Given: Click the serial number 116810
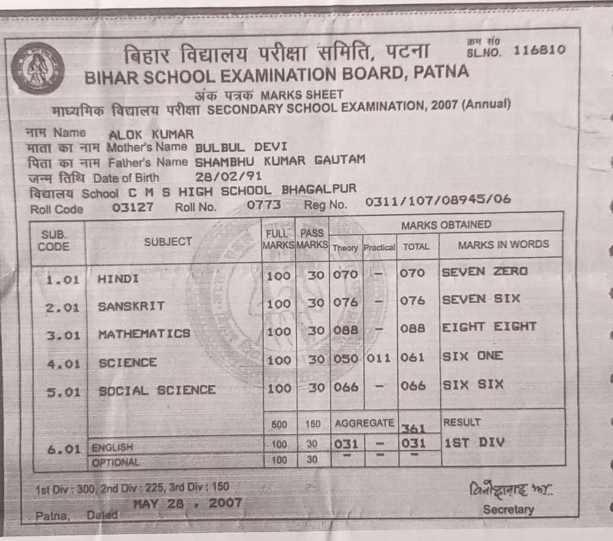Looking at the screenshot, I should point(539,51).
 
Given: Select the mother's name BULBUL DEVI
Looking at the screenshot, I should point(241,147).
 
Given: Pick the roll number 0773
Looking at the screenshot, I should point(264,205).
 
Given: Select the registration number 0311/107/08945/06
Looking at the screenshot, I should point(438,201).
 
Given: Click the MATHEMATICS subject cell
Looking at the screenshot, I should point(144,334).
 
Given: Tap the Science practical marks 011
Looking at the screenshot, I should point(378,358).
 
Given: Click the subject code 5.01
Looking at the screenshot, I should point(63,392).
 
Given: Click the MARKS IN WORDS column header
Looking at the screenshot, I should point(503,244).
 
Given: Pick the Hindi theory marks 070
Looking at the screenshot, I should point(345,274).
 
